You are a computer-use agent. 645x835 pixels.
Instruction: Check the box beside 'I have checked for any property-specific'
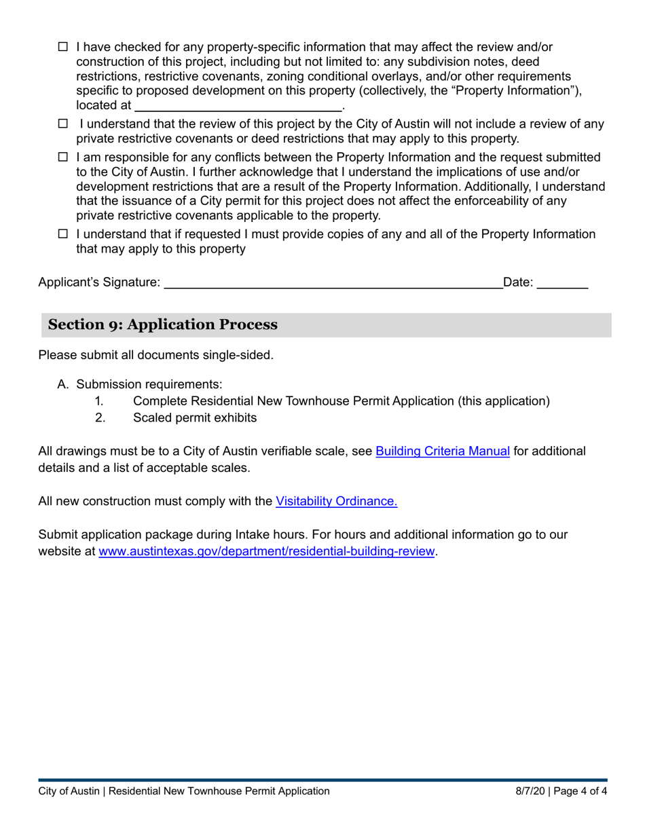point(63,48)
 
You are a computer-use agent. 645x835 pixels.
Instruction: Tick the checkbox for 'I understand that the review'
point(63,124)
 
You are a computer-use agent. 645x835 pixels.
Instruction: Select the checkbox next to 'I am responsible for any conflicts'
point(63,157)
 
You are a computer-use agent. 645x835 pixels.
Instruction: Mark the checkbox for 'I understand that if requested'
point(63,234)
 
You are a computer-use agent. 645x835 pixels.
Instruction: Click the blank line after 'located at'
point(238,106)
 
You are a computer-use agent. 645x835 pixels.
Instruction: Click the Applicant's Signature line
point(333,283)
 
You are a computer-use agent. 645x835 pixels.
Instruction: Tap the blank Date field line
point(562,283)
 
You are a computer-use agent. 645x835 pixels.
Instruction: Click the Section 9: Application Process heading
point(163,324)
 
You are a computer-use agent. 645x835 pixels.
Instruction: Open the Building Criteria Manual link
point(443,451)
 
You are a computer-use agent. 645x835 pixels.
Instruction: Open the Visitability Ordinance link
point(336,501)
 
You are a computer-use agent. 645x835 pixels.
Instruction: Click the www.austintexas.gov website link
point(266,551)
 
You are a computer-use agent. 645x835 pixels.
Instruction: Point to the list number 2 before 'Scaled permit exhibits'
point(100,417)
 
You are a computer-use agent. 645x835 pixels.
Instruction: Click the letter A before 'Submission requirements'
point(63,384)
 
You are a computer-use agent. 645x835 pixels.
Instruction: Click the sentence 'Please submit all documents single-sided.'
point(156,354)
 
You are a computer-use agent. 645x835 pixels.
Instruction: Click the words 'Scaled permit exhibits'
point(195,417)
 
